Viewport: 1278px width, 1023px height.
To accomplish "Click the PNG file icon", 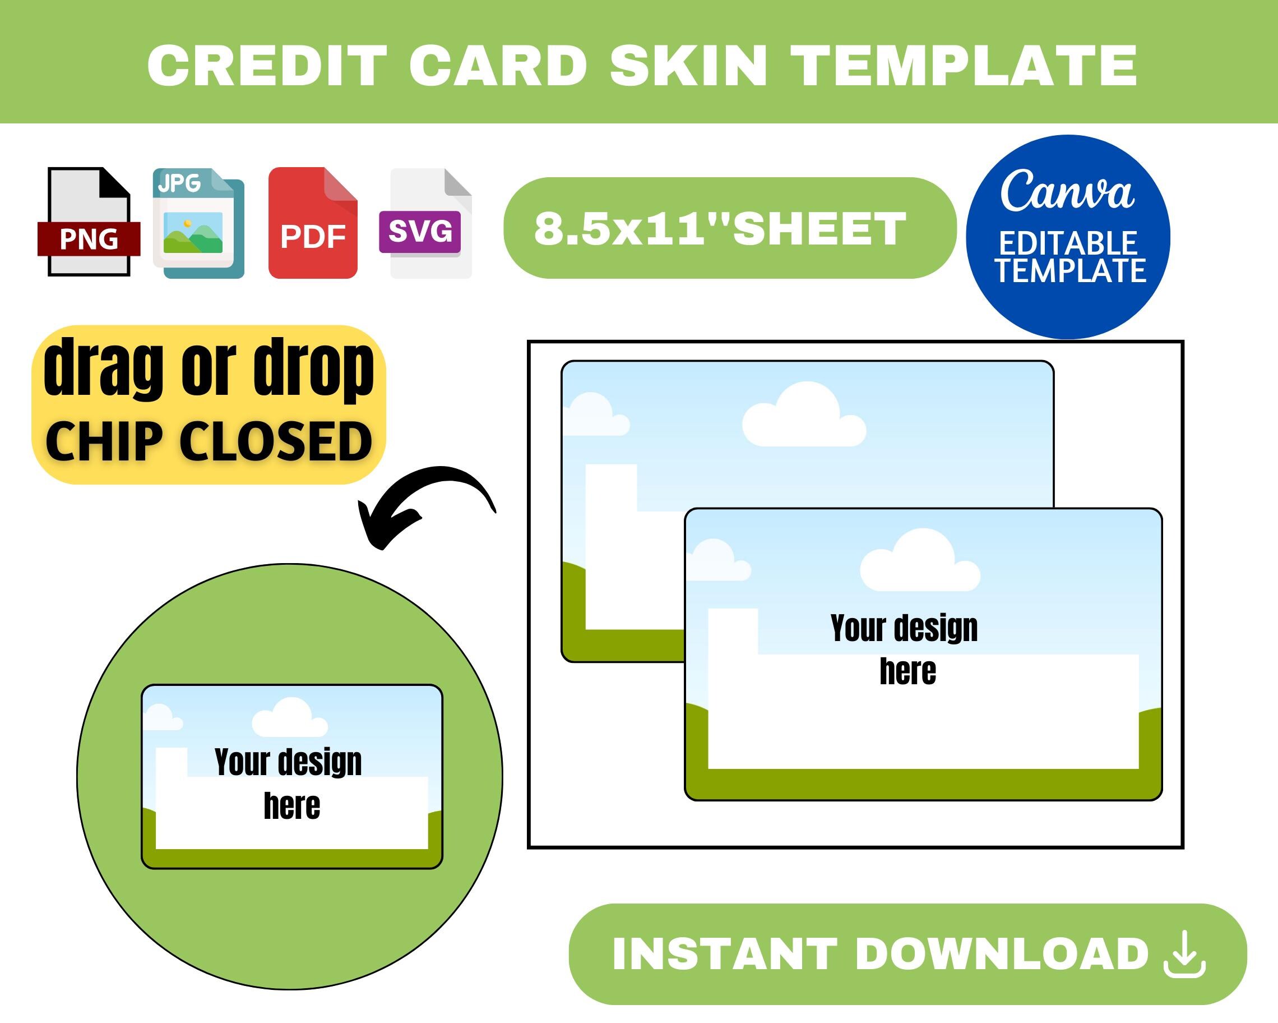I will point(89,223).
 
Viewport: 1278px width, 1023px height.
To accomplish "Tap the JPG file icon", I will point(198,223).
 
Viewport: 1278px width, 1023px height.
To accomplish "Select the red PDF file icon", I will point(312,223).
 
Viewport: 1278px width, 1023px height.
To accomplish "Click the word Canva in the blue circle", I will point(1067,191).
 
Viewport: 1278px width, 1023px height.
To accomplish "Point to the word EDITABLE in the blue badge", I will point(1068,244).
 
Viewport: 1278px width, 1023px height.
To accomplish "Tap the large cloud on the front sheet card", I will point(919,564).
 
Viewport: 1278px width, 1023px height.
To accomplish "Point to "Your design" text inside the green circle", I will point(288,762).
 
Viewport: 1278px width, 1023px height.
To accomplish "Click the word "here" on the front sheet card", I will point(907,672).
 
